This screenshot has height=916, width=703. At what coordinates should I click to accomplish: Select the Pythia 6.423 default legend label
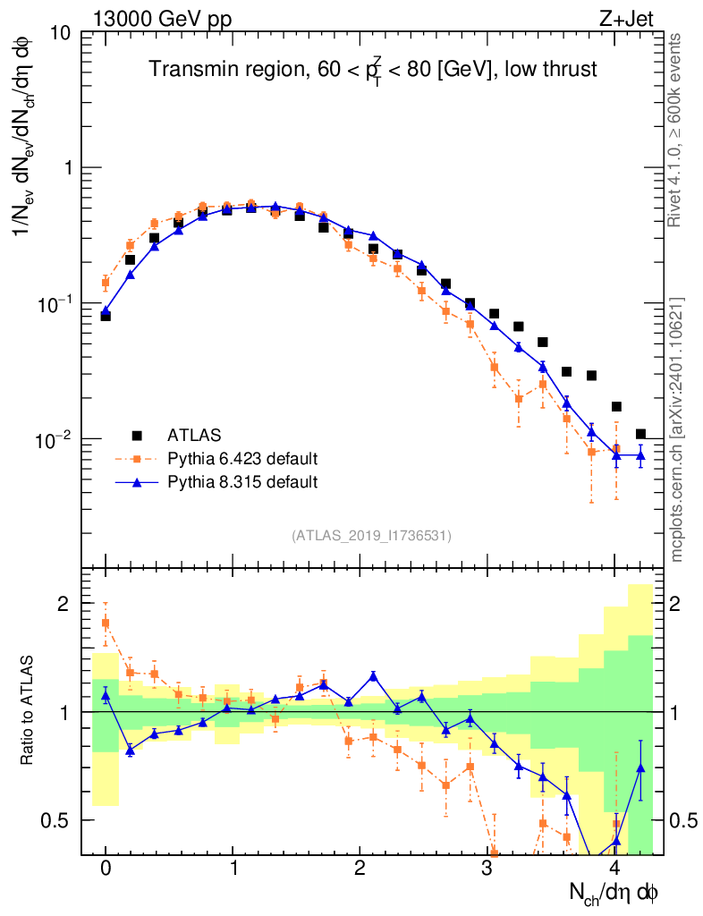[x=242, y=459]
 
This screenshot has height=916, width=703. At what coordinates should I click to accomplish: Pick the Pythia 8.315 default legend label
[x=242, y=482]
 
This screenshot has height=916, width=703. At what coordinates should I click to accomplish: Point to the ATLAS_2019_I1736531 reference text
[x=371, y=536]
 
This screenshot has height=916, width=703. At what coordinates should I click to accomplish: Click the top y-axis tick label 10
[x=62, y=33]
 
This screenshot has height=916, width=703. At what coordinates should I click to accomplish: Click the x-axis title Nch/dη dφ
[x=614, y=893]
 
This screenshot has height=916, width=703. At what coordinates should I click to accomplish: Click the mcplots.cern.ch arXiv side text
[x=677, y=429]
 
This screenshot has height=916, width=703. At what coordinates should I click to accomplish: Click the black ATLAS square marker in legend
[x=137, y=436]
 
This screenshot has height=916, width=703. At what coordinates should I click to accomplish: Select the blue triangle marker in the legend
[x=137, y=481]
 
